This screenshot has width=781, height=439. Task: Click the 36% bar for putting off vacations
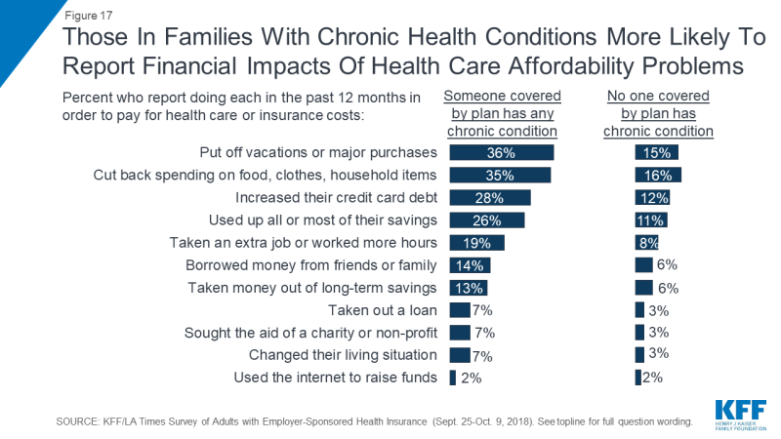point(501,153)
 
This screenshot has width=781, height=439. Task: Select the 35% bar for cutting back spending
point(500,176)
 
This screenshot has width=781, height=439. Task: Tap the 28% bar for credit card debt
point(489,198)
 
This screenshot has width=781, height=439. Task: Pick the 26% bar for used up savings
point(486,220)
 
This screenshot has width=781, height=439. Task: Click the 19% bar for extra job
point(476,243)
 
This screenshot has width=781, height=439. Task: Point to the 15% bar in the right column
point(656,153)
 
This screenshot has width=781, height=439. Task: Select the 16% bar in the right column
point(658,176)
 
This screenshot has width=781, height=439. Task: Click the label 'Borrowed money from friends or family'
point(311,265)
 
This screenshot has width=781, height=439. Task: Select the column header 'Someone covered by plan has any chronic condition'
point(502,114)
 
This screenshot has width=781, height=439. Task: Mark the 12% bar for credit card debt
point(651,198)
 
